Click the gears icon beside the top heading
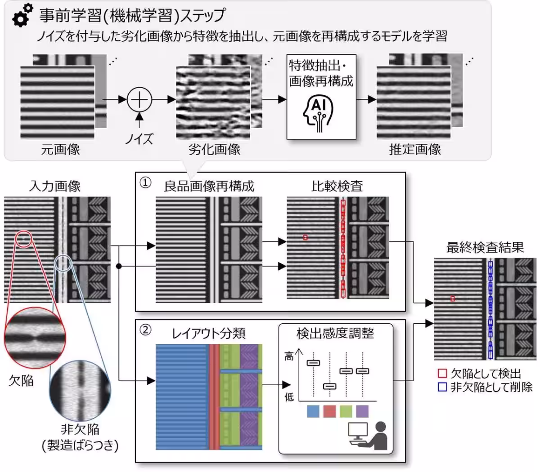click(22, 15)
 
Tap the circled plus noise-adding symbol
click(139, 100)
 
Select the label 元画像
click(60, 150)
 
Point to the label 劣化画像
click(214, 150)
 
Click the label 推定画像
click(414, 150)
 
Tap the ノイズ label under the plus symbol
click(139, 138)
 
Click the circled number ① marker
click(145, 183)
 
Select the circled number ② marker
click(145, 330)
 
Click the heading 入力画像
click(54, 186)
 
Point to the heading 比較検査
click(337, 186)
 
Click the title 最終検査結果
click(485, 247)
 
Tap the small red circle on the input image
click(23, 239)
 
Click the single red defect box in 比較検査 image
click(306, 237)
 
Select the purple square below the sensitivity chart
click(362, 411)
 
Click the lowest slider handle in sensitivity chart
click(330, 386)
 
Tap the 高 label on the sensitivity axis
click(289, 357)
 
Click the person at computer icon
click(368, 436)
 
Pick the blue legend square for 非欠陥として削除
click(442, 387)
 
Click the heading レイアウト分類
click(208, 333)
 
